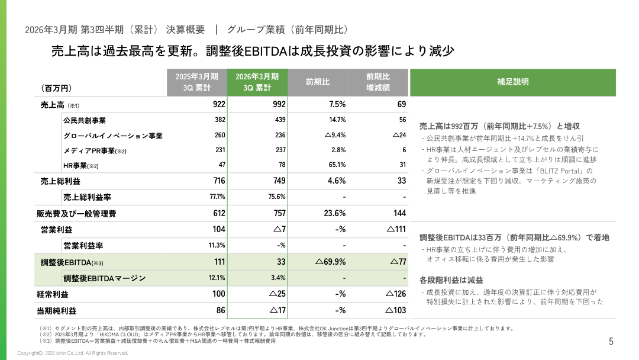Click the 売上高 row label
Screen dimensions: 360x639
[52, 105]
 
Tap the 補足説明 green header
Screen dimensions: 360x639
[512, 82]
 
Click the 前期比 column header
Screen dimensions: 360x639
[317, 82]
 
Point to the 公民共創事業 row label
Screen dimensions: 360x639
[85, 120]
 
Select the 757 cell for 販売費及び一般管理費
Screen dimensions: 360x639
[277, 213]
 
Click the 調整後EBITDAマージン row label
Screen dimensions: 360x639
[104, 278]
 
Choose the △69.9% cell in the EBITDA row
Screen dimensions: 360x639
[331, 262]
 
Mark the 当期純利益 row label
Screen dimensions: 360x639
[56, 310]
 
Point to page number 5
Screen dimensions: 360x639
[611, 342]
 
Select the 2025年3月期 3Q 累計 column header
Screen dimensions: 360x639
[197, 82]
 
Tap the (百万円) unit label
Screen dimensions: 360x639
[56, 88]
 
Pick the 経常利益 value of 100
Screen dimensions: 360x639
[219, 294]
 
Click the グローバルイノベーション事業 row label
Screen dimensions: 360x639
[112, 136]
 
